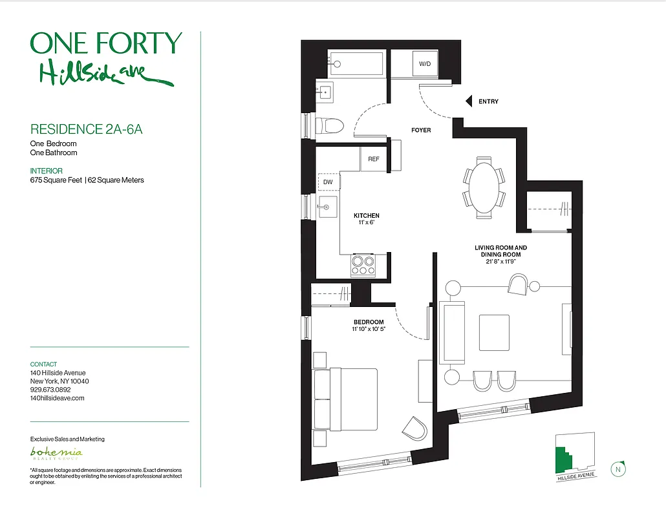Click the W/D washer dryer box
pos(425,64)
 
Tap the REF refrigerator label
pos(374,159)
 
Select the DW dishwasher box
pos(328,182)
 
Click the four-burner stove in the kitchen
pos(363,265)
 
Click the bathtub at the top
pos(357,63)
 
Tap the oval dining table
pos(484,188)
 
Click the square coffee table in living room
pos(493,333)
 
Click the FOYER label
pos(421,131)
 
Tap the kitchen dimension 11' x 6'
pos(366,222)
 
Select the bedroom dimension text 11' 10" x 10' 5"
pos(369,329)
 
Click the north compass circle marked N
pos(619,469)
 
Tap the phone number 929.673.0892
pos(50,390)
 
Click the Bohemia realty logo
pos(57,452)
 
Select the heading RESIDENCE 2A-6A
pos(86,129)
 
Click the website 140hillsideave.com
pos(57,398)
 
